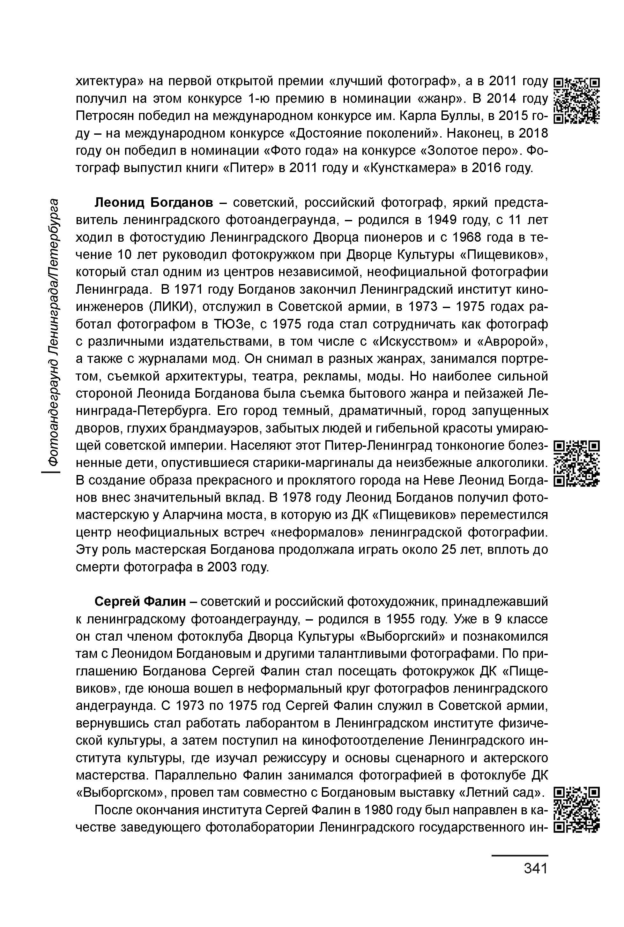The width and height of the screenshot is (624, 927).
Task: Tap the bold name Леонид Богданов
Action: click(154, 203)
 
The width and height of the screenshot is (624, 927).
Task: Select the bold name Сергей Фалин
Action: click(140, 602)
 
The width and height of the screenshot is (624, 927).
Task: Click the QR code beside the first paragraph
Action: click(577, 101)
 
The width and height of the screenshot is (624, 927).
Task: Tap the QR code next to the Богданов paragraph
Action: click(577, 463)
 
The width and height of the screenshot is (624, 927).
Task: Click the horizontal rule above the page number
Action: click(520, 855)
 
